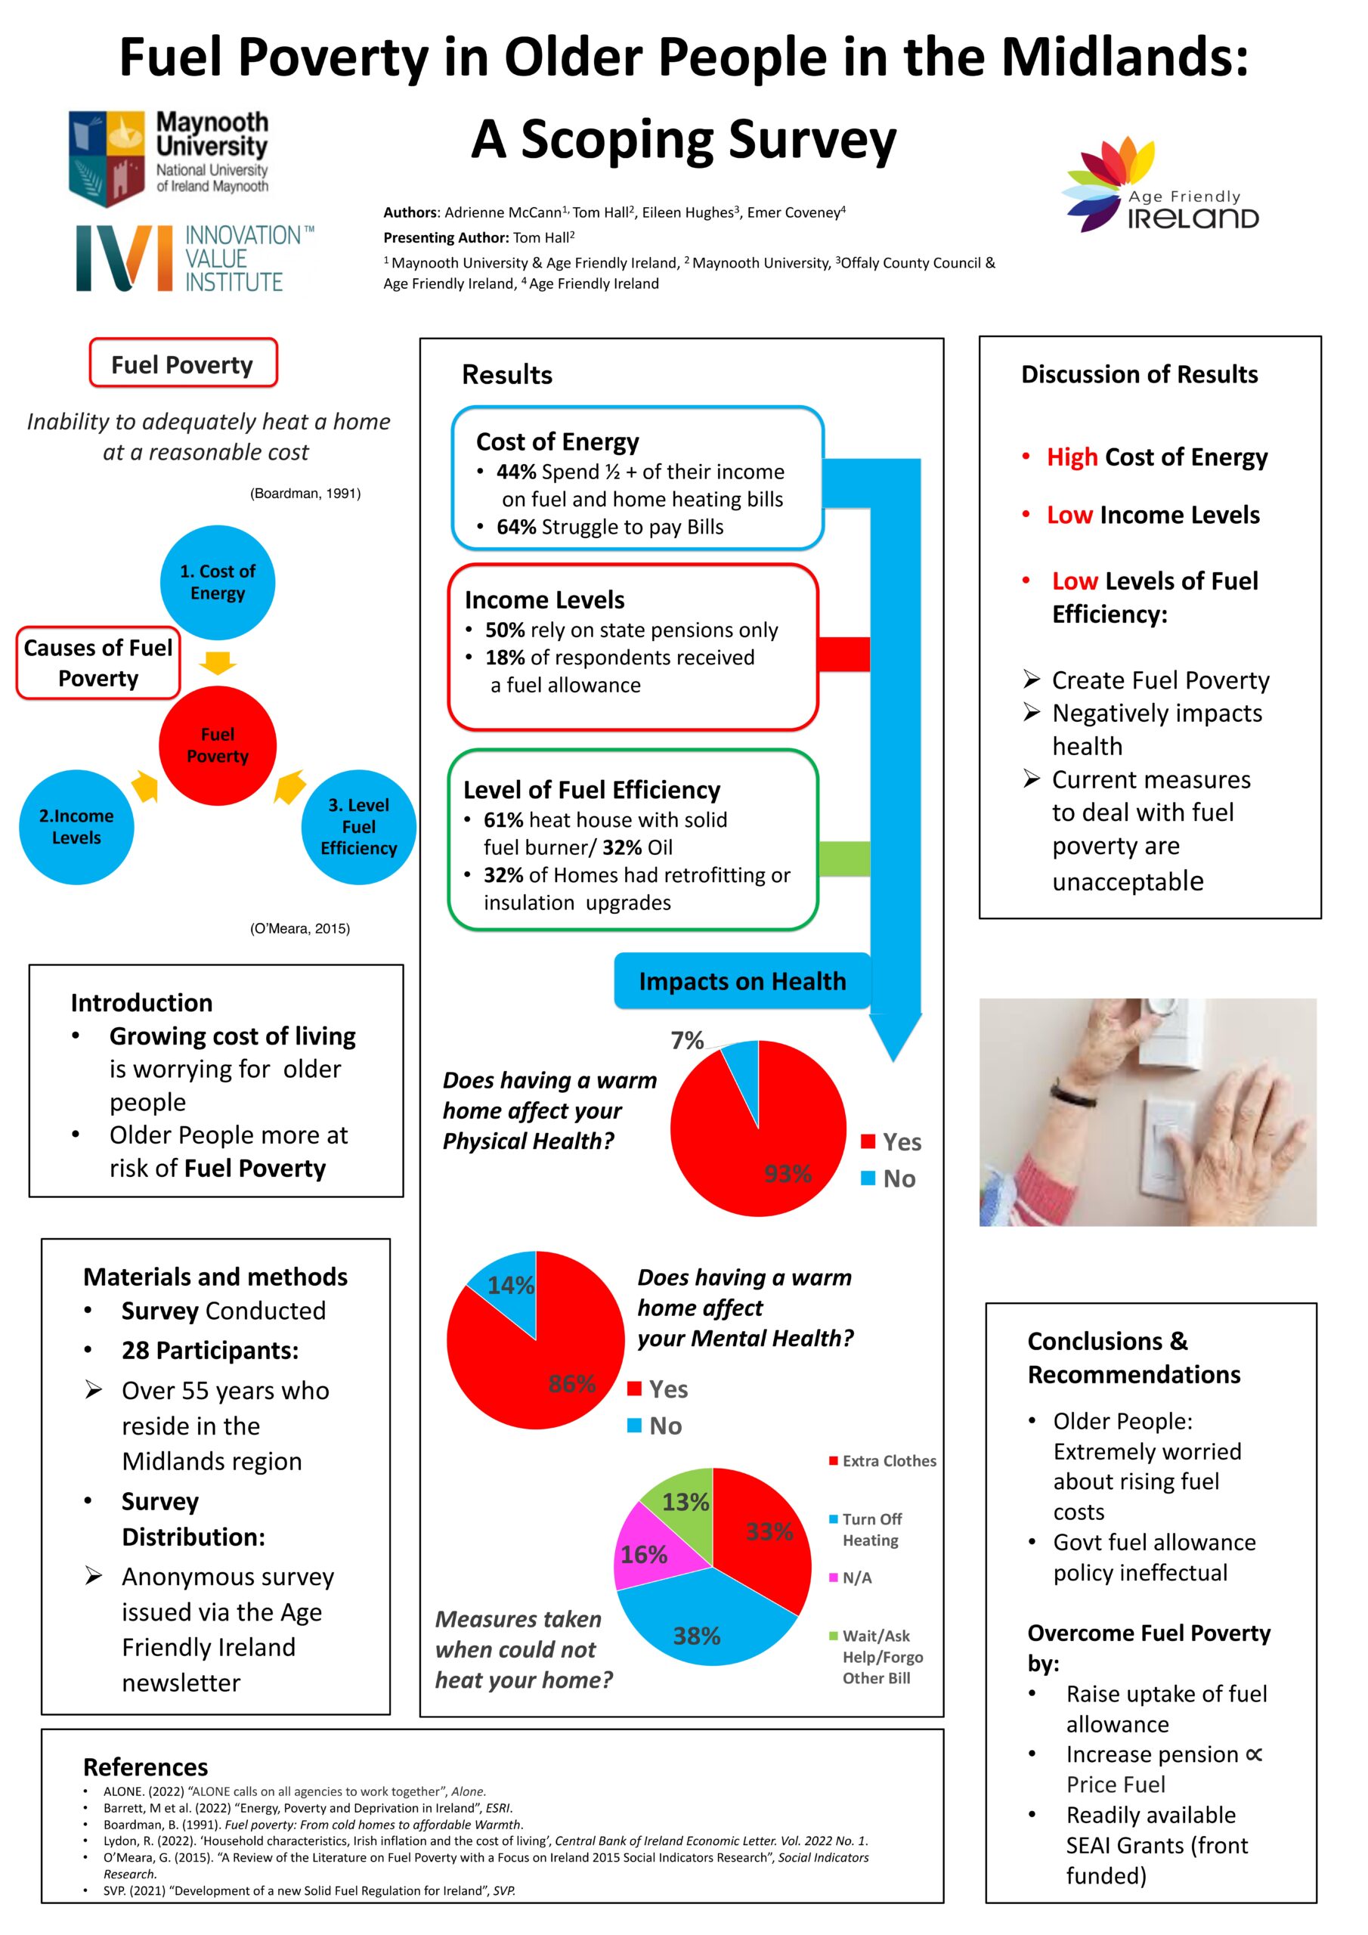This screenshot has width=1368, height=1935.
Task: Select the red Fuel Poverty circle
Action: [218, 745]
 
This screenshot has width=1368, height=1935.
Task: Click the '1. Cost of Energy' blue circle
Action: [218, 582]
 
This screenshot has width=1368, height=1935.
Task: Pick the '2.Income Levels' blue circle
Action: [76, 827]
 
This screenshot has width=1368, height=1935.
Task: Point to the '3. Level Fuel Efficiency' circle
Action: [359, 827]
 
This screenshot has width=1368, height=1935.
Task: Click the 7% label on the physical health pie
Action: [687, 1041]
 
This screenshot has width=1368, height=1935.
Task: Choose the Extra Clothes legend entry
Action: [883, 1460]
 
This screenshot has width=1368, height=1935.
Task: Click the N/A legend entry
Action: [850, 1577]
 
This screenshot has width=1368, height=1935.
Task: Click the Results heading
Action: [506, 374]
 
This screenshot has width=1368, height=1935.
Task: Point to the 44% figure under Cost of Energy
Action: [516, 472]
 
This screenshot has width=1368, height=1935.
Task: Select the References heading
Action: [145, 1766]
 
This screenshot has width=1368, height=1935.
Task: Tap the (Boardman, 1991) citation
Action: [305, 493]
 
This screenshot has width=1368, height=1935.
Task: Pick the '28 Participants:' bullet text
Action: [210, 1350]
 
